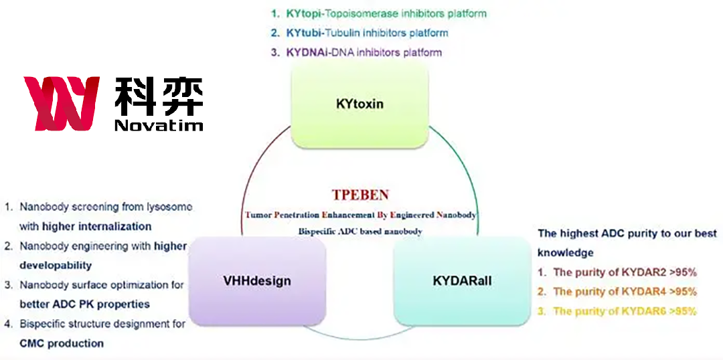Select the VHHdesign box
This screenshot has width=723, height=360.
257,281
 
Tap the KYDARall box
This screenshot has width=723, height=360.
462,281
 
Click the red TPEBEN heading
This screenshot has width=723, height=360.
360,195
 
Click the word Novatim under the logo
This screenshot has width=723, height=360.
158,125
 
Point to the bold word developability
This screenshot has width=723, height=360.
56,265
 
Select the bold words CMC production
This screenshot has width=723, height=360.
62,343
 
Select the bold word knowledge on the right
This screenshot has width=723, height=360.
566,253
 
